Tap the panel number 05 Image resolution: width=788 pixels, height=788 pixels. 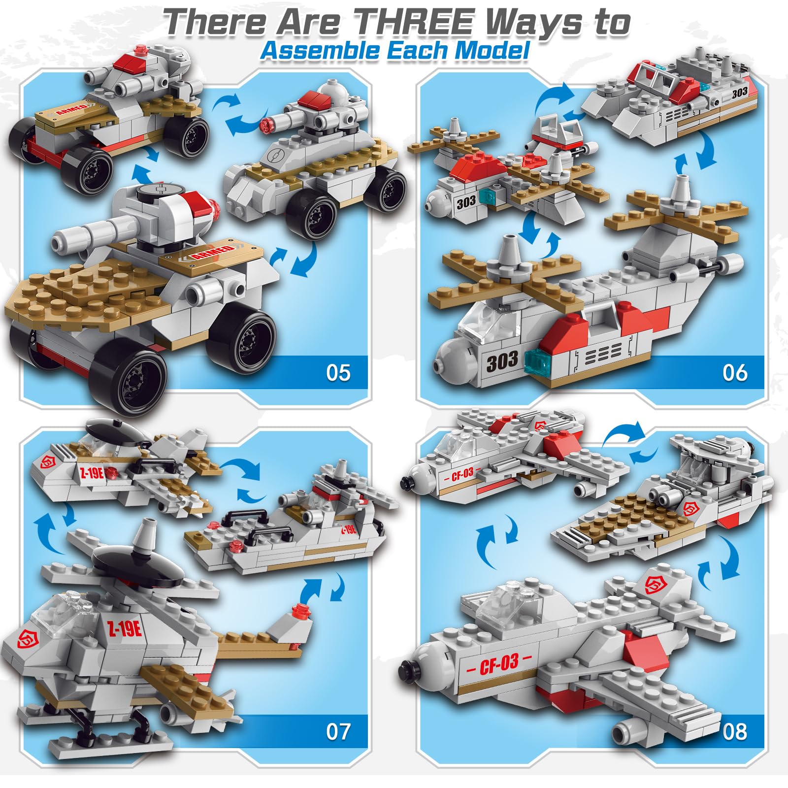coord(338,373)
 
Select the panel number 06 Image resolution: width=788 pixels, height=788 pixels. coord(735,373)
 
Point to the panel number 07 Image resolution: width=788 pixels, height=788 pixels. coord(338,731)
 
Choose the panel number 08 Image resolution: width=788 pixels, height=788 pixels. coord(735,731)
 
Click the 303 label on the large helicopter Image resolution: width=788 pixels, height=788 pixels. coord(502,361)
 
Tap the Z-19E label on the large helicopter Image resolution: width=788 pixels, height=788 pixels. coord(125,629)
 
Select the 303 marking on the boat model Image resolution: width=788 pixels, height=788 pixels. coord(739,93)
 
